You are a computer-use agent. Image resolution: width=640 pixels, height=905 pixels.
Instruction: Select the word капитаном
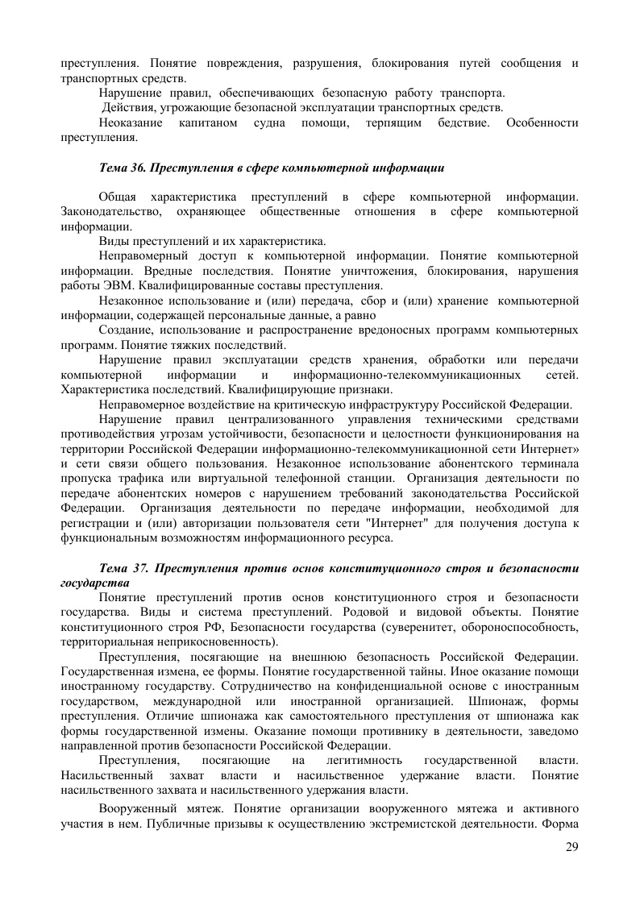206,122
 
